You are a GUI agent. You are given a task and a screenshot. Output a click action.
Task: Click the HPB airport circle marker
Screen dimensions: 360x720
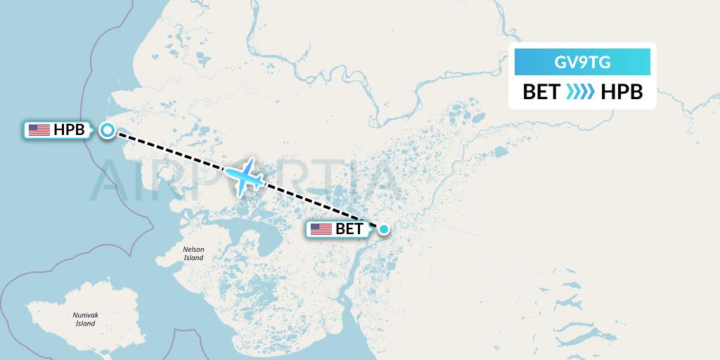(108, 130)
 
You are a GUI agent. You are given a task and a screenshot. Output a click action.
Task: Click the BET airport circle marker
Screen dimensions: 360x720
(384, 229)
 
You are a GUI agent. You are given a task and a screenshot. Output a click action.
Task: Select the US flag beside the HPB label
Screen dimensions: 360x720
(39, 130)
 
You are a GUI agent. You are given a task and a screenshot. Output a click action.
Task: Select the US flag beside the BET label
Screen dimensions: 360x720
(321, 229)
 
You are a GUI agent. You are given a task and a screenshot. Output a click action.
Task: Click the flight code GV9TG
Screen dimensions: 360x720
(582, 63)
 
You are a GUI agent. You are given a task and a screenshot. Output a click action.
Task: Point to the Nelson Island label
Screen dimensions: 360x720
(193, 254)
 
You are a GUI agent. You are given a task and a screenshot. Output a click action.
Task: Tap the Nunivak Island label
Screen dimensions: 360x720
(85, 320)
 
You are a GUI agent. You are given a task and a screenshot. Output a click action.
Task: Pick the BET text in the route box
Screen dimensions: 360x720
(541, 92)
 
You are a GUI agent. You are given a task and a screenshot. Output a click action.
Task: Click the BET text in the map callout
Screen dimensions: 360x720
(349, 229)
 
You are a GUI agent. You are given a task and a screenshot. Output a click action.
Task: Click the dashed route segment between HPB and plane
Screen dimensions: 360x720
(176, 154)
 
